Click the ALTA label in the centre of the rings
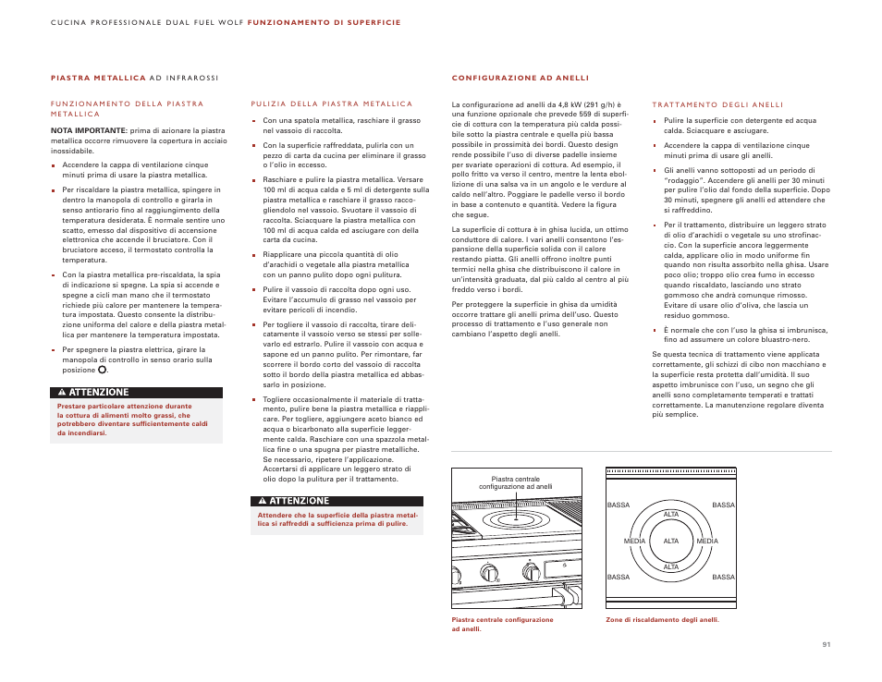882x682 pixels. pyautogui.click(x=671, y=541)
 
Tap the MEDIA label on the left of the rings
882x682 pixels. pyautogui.click(x=634, y=541)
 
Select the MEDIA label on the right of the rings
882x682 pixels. pyautogui.click(x=707, y=541)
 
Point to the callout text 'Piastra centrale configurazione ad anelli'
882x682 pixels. pyautogui.click(x=515, y=482)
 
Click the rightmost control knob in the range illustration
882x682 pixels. pyautogui.click(x=533, y=573)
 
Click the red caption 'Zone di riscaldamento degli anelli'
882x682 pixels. pyautogui.click(x=661, y=620)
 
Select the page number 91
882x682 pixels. pyautogui.click(x=826, y=644)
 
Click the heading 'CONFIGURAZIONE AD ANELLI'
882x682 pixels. pyautogui.click(x=520, y=79)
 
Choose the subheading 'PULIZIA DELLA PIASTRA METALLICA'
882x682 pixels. pyautogui.click(x=331, y=104)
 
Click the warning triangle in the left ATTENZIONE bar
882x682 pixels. pyautogui.click(x=61, y=393)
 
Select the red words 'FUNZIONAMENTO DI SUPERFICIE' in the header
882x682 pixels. pyautogui.click(x=324, y=22)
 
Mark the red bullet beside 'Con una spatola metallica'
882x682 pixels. pyautogui.click(x=253, y=120)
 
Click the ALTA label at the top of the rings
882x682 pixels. pyautogui.click(x=671, y=514)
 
